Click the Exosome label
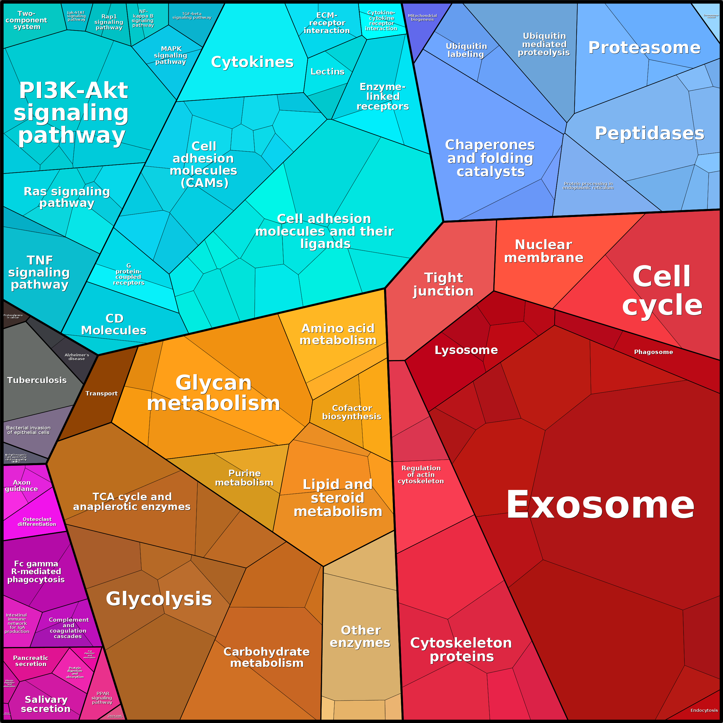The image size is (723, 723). pos(600,505)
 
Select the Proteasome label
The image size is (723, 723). pos(644,47)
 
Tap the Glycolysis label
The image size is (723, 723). pos(159,598)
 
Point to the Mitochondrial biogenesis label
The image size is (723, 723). pos(422,18)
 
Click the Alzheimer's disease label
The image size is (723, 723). pos(77,357)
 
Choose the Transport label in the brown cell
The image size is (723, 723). pos(101,393)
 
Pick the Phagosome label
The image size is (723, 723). pos(653,352)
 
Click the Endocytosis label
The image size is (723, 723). pos(704,710)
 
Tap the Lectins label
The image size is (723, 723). pos(328,71)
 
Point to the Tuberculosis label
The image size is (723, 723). pos(37,380)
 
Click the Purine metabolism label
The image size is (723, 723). pos(244,478)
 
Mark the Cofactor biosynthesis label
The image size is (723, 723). pos(352,412)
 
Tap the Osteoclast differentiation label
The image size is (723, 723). pos(37,522)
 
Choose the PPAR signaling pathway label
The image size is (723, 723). pos(102,698)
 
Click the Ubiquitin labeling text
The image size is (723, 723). pos(466,50)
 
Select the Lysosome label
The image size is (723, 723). pos(466,350)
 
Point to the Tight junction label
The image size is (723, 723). pos(444,284)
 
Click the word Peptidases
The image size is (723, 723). pos(650,133)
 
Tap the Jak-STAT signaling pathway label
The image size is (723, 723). pos(76,16)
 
